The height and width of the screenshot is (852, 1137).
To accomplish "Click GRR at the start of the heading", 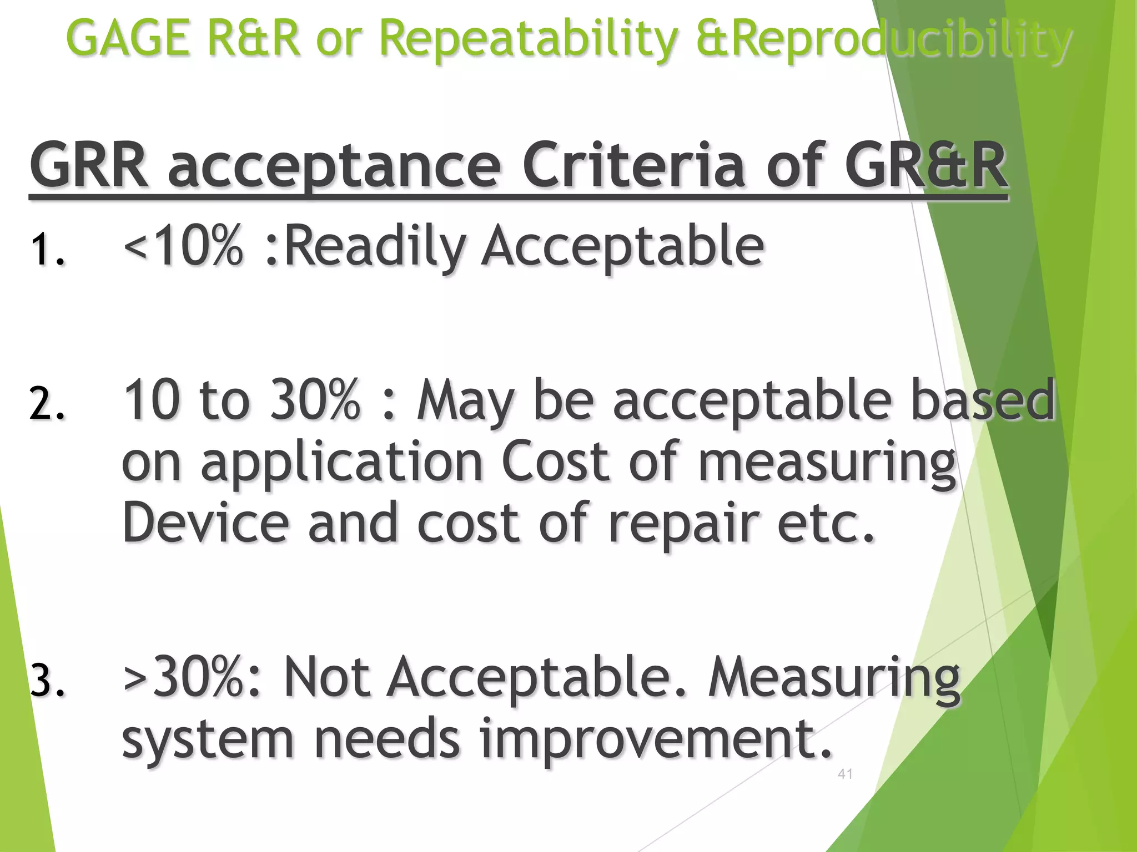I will tap(89, 165).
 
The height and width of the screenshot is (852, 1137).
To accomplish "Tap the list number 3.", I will tap(47, 681).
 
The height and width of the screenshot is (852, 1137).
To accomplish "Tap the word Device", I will tap(205, 523).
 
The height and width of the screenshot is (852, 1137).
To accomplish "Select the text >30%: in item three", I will tap(192, 677).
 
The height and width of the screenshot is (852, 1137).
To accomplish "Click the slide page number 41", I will tap(845, 774).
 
